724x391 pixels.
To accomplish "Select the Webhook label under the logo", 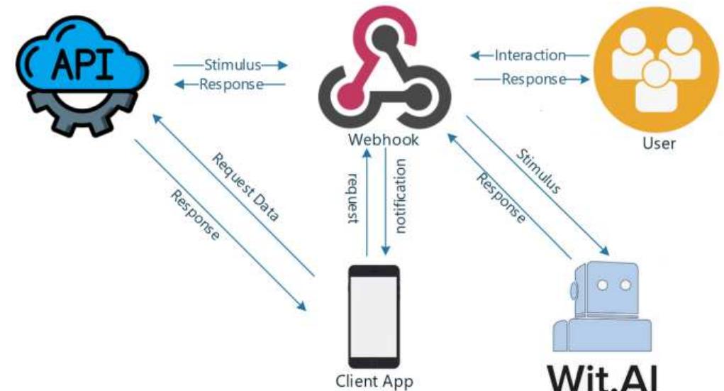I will (x=383, y=140).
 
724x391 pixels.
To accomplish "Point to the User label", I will (x=659, y=144).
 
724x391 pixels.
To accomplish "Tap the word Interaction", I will (x=530, y=55).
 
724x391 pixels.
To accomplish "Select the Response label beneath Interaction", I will (x=533, y=79).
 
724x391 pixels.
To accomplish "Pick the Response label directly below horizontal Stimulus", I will (x=231, y=84).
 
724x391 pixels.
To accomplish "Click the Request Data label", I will (x=245, y=185).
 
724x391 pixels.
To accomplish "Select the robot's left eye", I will (x=603, y=284).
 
